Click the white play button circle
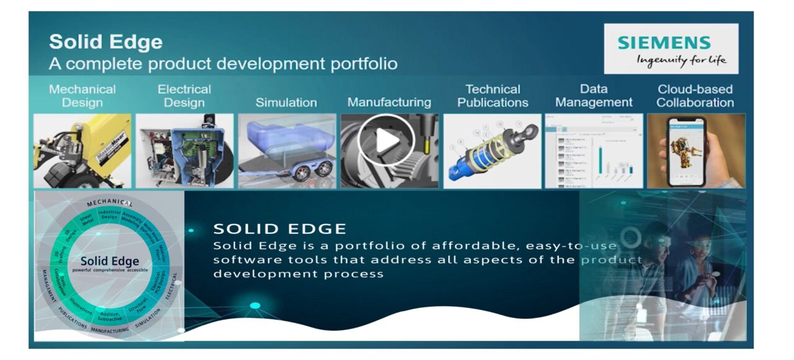(386, 140)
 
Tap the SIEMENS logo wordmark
(664, 43)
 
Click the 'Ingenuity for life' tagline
(681, 60)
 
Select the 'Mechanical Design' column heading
(82, 96)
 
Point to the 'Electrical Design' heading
(184, 96)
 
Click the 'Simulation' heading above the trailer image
(286, 102)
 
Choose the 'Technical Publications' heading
(493, 96)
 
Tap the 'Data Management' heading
(594, 96)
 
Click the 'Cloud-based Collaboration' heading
(695, 96)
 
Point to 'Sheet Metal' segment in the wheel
(86, 219)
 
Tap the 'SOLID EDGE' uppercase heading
(280, 228)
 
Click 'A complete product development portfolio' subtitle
(223, 63)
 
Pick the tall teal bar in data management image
(600, 162)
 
